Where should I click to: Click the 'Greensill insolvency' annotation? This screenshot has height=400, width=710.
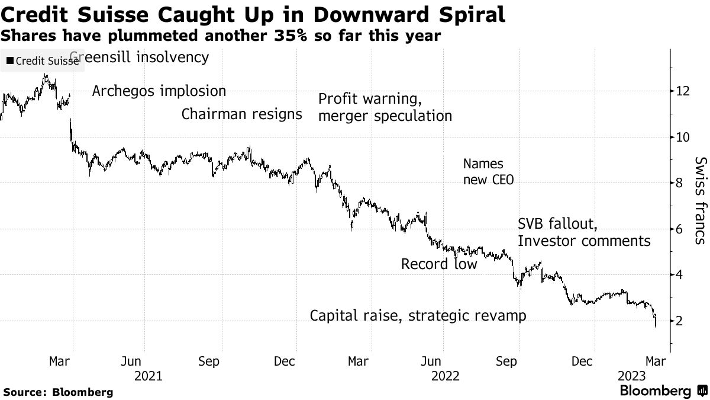(140, 57)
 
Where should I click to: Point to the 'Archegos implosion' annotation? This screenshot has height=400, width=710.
(159, 91)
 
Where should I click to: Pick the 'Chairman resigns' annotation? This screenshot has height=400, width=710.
(241, 114)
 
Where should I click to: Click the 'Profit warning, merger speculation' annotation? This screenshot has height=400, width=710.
(385, 107)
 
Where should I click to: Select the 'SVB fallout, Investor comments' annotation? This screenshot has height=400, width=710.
(584, 232)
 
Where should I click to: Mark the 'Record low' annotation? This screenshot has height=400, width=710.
(438, 264)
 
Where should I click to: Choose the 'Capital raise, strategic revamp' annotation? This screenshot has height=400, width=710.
(418, 315)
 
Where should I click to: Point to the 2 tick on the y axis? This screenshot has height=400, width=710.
(680, 321)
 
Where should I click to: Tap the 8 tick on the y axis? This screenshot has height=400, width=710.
(680, 183)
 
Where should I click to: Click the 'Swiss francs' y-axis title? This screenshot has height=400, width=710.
(700, 201)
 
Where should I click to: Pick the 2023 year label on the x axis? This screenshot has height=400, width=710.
(632, 376)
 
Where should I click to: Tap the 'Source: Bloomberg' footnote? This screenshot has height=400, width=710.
(58, 392)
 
